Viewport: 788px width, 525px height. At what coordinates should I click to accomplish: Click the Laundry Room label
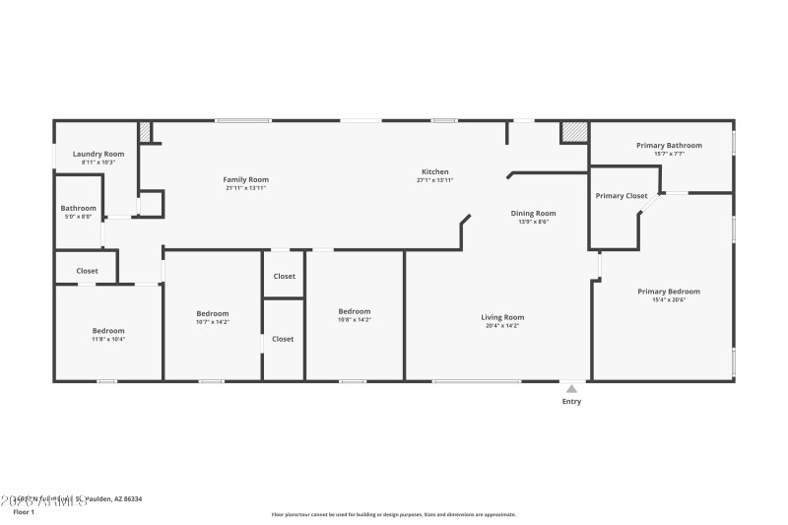pos(98,154)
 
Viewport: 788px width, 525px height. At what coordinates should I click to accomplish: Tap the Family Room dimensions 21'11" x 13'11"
pos(245,188)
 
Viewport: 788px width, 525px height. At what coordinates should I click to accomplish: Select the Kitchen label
pos(434,171)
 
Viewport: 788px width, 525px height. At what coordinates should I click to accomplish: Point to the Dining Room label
pos(533,213)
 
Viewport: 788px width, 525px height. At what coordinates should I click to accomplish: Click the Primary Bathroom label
pos(661,145)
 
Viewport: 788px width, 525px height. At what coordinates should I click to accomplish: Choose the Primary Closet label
pos(622,195)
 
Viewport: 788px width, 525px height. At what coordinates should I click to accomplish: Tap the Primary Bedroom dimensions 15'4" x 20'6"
pos(669,299)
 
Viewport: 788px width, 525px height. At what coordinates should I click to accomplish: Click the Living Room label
pos(502,317)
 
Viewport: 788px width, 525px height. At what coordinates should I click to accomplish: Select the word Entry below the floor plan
pos(571,401)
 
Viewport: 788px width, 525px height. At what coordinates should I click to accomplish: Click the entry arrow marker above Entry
pos(571,387)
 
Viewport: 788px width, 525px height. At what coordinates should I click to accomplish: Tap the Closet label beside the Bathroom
pos(87,270)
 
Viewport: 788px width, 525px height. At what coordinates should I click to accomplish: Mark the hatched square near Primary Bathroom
pos(574,132)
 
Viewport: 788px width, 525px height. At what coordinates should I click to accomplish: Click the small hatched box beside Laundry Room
pos(145,132)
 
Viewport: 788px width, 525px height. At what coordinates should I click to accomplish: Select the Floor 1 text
pos(24,512)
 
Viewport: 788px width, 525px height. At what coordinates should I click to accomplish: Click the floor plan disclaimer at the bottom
pos(394,514)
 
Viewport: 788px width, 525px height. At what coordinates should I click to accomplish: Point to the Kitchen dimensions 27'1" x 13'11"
pos(434,180)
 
